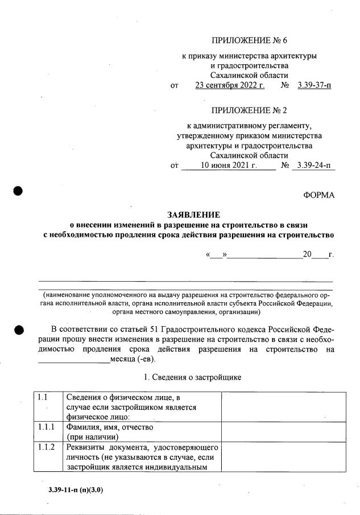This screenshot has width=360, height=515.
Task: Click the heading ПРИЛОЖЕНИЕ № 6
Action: point(249,40)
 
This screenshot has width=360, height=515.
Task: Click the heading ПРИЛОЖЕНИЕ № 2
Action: point(249,110)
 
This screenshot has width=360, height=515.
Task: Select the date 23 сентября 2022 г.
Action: point(230,86)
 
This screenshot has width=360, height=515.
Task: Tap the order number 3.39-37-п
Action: point(314,86)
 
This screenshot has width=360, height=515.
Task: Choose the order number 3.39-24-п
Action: point(314,166)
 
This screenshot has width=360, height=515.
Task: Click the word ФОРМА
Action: point(319,195)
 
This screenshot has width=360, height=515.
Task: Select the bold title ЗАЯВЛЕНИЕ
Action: point(193,215)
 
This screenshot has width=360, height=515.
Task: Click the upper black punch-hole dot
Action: point(18,191)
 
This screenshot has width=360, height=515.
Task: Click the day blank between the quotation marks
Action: point(217,254)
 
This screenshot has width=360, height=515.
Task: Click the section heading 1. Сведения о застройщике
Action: point(193,377)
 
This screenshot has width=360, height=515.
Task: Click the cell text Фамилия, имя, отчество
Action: point(110,426)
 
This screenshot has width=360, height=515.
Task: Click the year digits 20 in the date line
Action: point(307,254)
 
